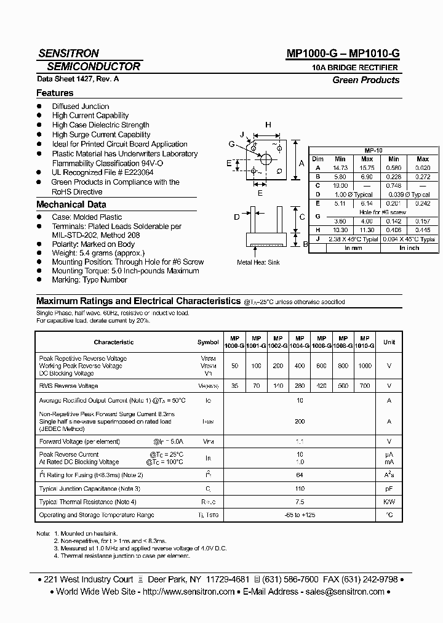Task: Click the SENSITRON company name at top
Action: (68, 54)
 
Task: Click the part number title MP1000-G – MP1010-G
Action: (343, 54)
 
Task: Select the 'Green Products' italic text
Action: (365, 80)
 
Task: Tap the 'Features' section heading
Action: (55, 93)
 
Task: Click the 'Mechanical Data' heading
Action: (71, 204)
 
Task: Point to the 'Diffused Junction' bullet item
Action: (81, 107)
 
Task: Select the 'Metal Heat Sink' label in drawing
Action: (258, 262)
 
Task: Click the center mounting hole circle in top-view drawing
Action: (266, 159)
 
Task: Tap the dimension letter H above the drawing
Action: (268, 125)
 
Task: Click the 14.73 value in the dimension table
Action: (340, 167)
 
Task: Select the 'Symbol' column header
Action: (208, 342)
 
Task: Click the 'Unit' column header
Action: (389, 342)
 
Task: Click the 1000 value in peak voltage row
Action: (365, 366)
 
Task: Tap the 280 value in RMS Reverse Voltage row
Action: (300, 386)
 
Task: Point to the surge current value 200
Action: (300, 422)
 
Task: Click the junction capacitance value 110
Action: (300, 489)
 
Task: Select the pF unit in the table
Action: (389, 489)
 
